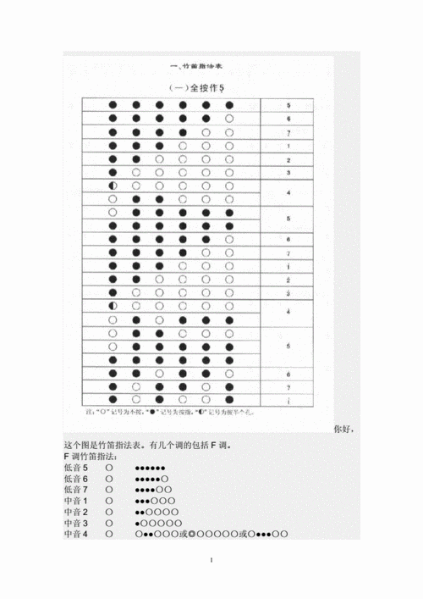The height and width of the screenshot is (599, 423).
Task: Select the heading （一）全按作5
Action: tap(197, 87)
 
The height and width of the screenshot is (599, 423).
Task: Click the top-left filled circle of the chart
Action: tap(113, 106)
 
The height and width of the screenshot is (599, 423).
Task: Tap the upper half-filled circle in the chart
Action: tap(113, 186)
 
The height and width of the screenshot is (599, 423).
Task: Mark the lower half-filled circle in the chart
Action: tap(113, 306)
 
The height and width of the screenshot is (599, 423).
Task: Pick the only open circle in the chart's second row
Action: tap(229, 119)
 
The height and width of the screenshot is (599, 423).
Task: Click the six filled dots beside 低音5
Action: tap(150, 468)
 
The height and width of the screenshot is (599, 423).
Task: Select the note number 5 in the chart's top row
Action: tap(288, 106)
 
